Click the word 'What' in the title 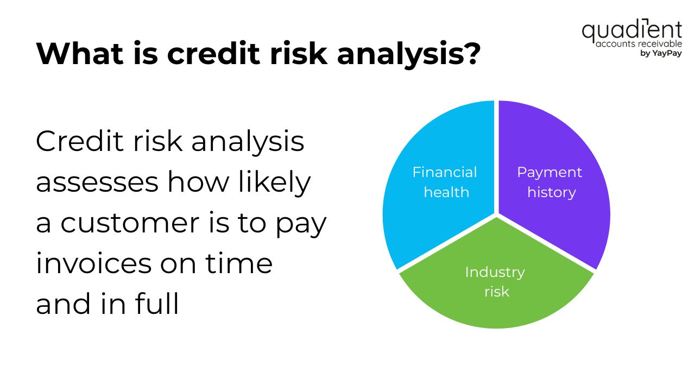pyautogui.click(x=80, y=53)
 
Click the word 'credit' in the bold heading pyautogui.click(x=213, y=53)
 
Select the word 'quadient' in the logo pyautogui.click(x=631, y=31)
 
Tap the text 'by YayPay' pyautogui.click(x=661, y=53)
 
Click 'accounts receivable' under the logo pyautogui.click(x=639, y=44)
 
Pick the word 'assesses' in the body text pyautogui.click(x=97, y=182)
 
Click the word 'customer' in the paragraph pyautogui.click(x=130, y=223)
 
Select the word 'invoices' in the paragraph pyautogui.click(x=94, y=263)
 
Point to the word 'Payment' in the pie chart pyautogui.click(x=549, y=172)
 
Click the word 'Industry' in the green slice pyautogui.click(x=495, y=272)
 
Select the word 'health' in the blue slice pyautogui.click(x=446, y=192)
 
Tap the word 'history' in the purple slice pyautogui.click(x=552, y=192)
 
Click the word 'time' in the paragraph pyautogui.click(x=239, y=263)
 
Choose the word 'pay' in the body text pyautogui.click(x=301, y=225)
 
